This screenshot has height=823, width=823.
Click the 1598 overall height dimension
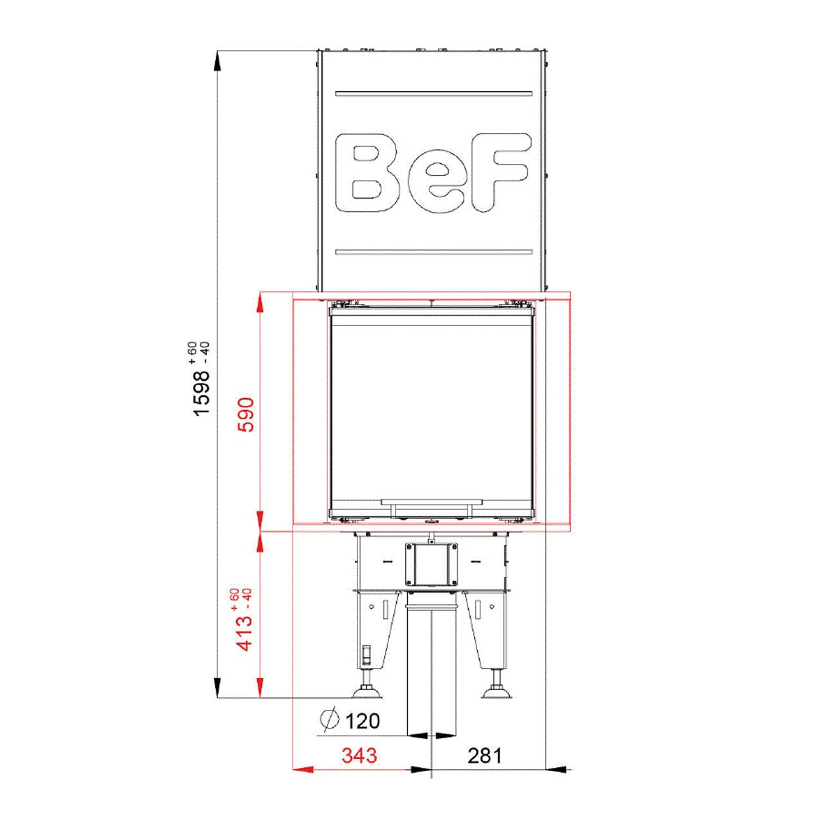(x=202, y=392)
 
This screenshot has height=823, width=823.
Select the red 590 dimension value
(x=246, y=414)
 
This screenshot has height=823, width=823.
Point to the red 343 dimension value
(x=359, y=755)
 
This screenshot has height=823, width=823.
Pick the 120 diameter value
(x=362, y=721)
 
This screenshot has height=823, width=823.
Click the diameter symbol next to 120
(x=329, y=719)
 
